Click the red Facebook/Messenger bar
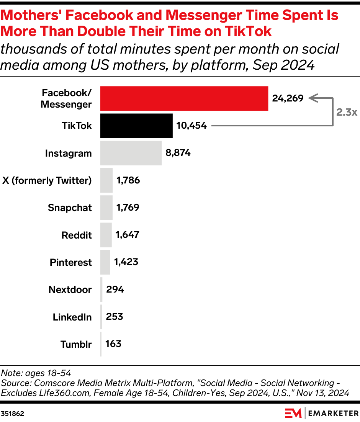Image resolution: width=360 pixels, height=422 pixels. [x=184, y=98]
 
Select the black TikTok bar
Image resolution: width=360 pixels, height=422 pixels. [x=136, y=126]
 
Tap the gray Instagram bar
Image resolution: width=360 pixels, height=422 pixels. [x=131, y=153]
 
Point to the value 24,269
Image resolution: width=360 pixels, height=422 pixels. [x=288, y=98]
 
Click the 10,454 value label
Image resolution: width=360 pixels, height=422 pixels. [x=191, y=126]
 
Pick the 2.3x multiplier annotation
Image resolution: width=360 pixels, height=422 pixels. [x=347, y=112]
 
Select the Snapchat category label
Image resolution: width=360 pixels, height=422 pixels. [x=70, y=208]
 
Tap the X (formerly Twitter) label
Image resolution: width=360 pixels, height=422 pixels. [x=47, y=180]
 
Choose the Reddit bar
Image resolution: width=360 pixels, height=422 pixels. [x=106, y=235]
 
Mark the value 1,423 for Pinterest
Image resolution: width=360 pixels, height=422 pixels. [x=126, y=262]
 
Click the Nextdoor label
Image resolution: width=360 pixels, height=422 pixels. [x=70, y=290]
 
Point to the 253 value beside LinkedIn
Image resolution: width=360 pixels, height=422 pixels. [x=115, y=317]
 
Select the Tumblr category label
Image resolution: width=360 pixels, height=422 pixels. [x=76, y=344]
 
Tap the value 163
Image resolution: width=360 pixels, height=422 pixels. [x=113, y=343]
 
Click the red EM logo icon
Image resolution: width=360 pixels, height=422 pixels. [x=293, y=414]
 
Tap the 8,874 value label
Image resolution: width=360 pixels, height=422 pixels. [x=178, y=153]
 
